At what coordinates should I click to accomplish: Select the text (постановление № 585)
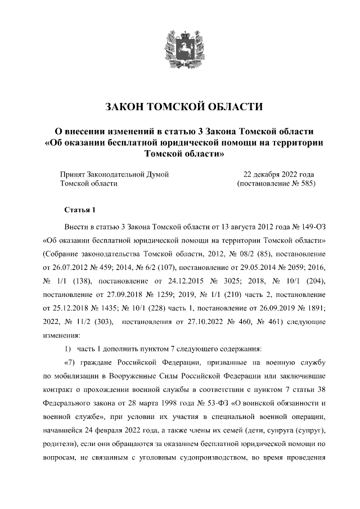276,183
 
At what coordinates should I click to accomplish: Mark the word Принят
73,174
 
